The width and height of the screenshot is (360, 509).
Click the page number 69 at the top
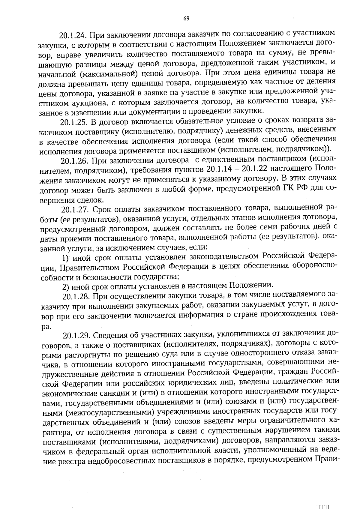(x=186, y=19)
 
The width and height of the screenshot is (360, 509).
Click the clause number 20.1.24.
(x=73, y=35)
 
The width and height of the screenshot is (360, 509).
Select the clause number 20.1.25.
(x=73, y=122)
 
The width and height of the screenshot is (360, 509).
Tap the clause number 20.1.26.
(x=74, y=161)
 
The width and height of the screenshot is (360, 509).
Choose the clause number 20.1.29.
(x=76, y=335)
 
